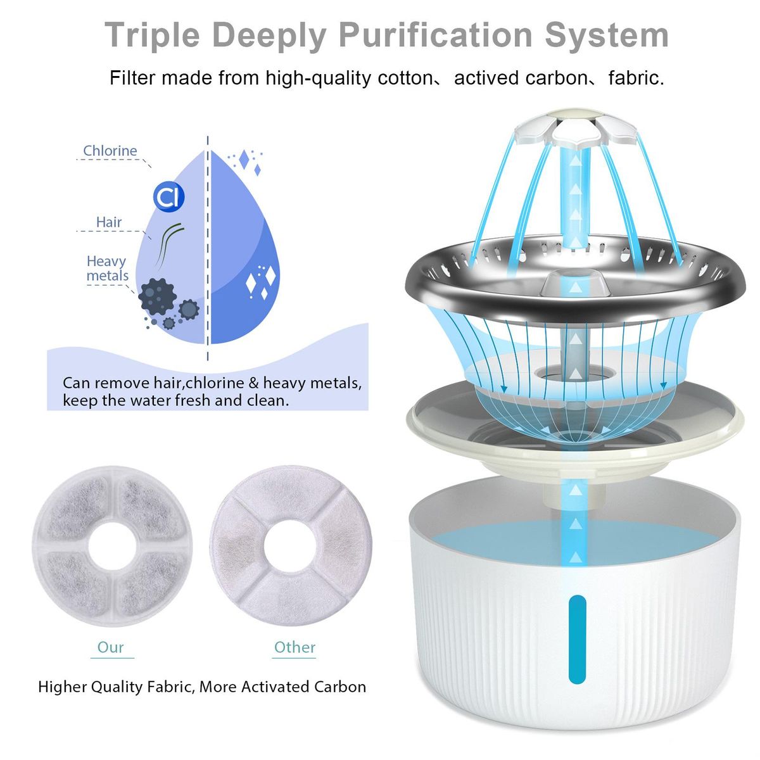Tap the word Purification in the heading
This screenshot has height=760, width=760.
pyautogui.click(x=436, y=35)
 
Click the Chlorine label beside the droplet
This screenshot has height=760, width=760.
pyautogui.click(x=110, y=151)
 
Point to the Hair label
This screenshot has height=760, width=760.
pyautogui.click(x=109, y=222)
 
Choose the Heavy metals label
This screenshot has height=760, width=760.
pyautogui.click(x=107, y=268)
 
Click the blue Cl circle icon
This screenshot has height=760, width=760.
pyautogui.click(x=168, y=197)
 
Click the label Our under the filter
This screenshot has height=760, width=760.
pyautogui.click(x=110, y=647)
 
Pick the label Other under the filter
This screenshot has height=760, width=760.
pyautogui.click(x=294, y=647)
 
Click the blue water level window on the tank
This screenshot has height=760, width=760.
pyautogui.click(x=577, y=639)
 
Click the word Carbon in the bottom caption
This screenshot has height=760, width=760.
pyautogui.click(x=340, y=687)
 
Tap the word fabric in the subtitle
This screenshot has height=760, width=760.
pyautogui.click(x=636, y=78)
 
